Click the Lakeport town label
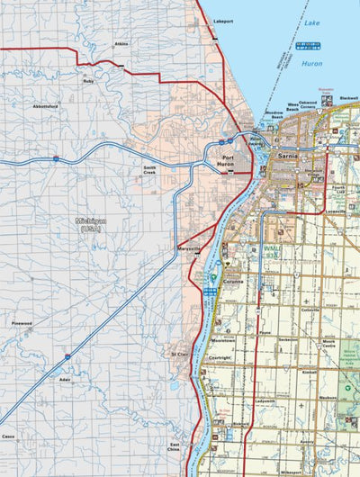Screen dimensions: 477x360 pos(223,19)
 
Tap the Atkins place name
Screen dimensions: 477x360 pos(121,43)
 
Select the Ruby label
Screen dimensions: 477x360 pos(88,81)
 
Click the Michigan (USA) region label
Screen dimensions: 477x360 pos(90,224)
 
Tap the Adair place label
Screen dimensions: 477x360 pos(63,379)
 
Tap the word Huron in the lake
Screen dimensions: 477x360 pos(311,64)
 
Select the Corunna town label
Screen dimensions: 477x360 pos(236,281)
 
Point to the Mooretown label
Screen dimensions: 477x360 pos(223,341)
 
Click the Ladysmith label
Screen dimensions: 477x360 pos(264,400)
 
